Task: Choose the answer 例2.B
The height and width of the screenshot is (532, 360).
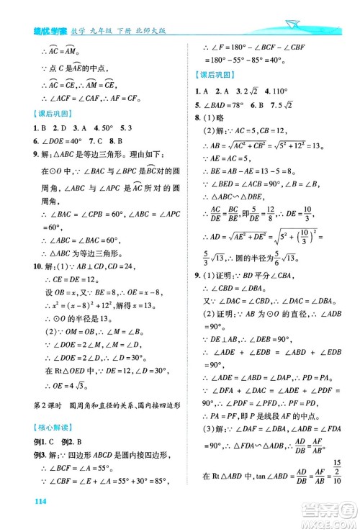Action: pos(66,441)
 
